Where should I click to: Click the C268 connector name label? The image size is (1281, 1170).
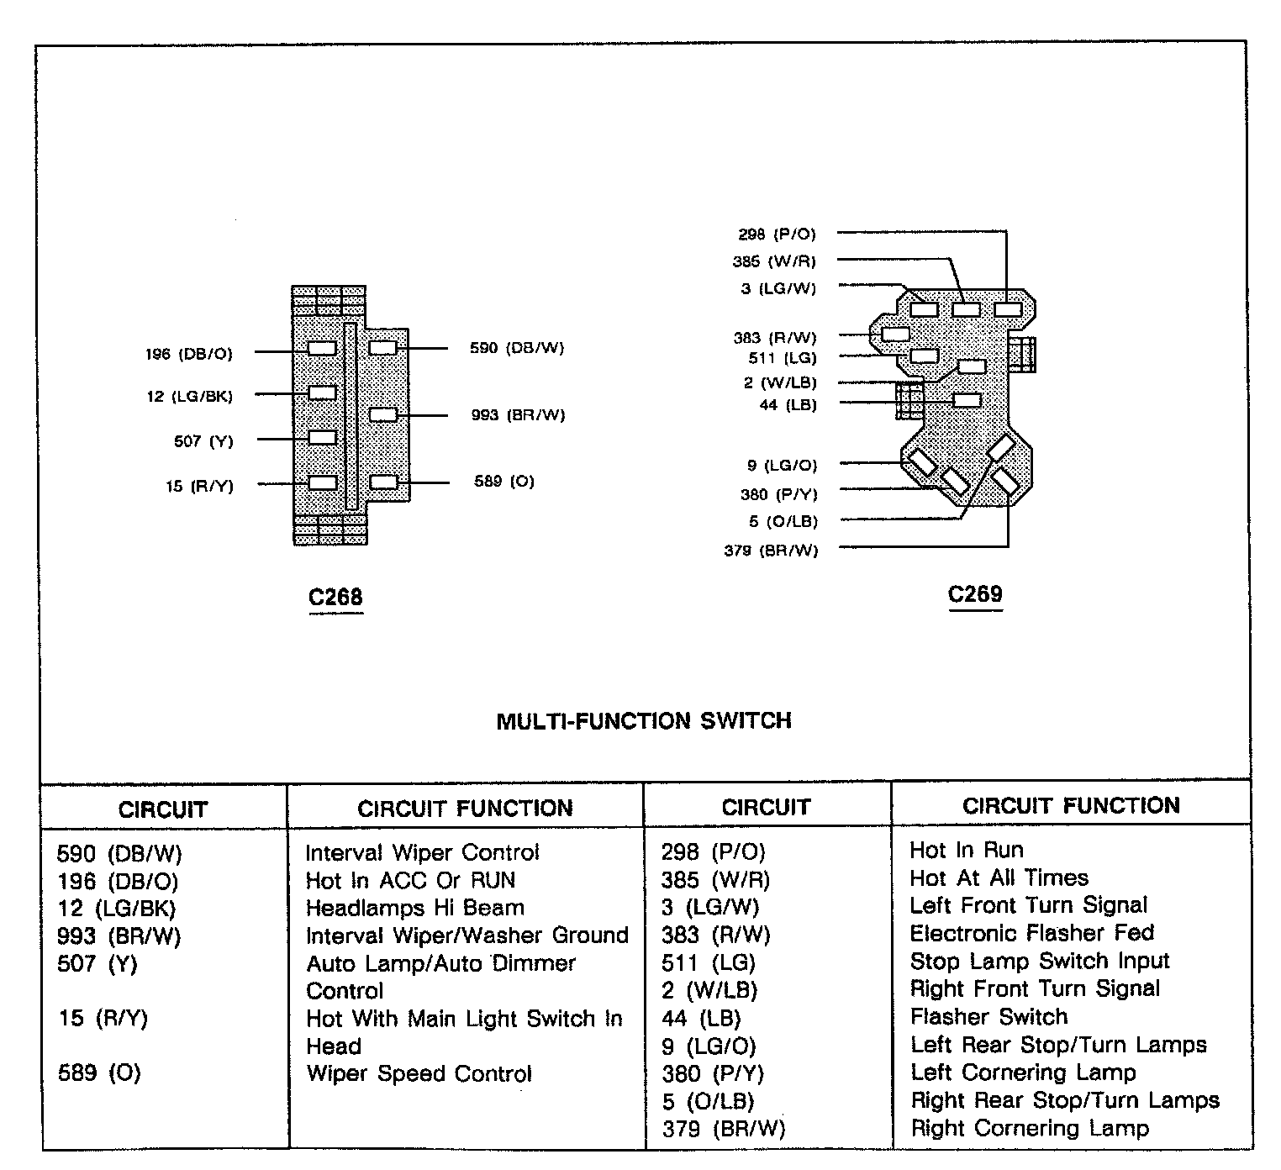[335, 597]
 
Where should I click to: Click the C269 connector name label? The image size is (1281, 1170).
[975, 594]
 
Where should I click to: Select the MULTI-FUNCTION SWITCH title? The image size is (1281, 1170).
[644, 720]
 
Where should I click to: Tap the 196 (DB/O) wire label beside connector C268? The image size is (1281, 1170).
[188, 354]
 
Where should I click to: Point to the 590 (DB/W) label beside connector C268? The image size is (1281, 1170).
[517, 348]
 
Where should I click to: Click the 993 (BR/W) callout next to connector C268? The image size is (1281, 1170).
[518, 415]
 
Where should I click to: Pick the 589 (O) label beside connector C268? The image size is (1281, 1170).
[504, 482]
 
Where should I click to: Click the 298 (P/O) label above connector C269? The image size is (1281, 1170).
[777, 235]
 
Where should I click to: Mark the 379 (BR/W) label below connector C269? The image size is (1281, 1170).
[771, 551]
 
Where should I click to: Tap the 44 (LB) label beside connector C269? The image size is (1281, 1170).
[788, 405]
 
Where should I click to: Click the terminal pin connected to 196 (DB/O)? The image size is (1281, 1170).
[323, 348]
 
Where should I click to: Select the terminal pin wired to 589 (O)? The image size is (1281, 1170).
[383, 482]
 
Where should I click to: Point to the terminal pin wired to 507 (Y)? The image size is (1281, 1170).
[323, 437]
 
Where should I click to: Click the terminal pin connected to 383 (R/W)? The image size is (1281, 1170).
[896, 334]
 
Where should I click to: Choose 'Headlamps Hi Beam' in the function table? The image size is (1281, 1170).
[414, 908]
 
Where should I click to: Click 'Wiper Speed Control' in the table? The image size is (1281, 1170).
[419, 1073]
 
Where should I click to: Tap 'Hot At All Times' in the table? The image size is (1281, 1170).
[999, 877]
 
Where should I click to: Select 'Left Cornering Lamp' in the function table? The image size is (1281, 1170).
[1023, 1072]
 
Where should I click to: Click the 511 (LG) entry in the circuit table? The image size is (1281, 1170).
[708, 962]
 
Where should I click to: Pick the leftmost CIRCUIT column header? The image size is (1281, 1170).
[162, 809]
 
